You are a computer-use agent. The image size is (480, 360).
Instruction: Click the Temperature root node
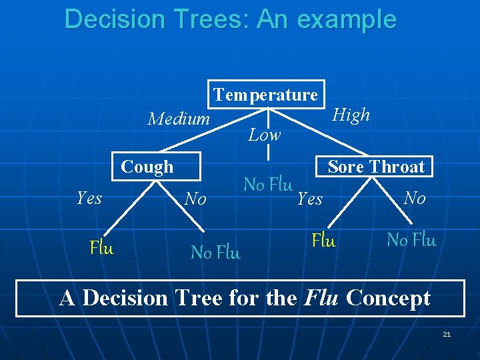(x=266, y=95)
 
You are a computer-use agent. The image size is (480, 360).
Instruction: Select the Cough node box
(x=147, y=167)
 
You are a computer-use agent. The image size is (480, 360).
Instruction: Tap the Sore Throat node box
(x=375, y=167)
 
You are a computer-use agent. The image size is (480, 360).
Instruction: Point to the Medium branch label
(x=178, y=119)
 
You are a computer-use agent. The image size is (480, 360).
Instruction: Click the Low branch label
(x=264, y=135)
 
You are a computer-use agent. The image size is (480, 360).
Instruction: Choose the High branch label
(x=351, y=115)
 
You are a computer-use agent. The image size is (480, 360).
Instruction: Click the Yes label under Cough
(x=89, y=198)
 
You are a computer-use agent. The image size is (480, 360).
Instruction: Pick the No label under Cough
(x=195, y=199)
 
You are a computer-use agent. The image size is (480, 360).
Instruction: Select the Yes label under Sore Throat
(x=309, y=199)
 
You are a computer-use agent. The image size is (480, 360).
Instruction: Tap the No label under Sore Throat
(x=414, y=198)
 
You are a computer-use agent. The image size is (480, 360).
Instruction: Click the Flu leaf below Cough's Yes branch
(x=102, y=249)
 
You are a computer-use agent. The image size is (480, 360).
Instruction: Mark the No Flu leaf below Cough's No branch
(x=215, y=253)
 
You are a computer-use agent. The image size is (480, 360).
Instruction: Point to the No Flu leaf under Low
(x=268, y=184)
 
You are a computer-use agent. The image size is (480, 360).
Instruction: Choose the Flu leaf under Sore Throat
(x=324, y=240)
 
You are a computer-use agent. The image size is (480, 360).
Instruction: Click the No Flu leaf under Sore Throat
(x=411, y=240)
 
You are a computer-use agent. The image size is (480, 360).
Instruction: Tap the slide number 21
(x=447, y=334)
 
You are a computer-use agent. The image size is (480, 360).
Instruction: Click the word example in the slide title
(x=347, y=19)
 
